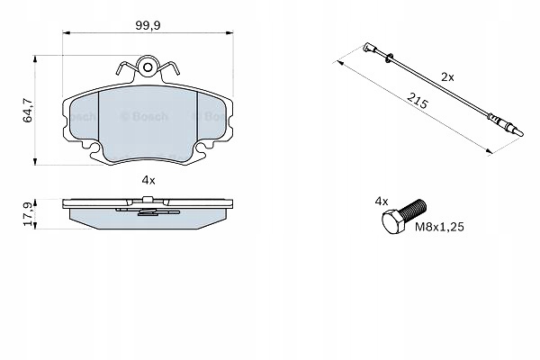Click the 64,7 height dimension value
point(28,111)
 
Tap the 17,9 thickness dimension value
point(28,214)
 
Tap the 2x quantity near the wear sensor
point(447,77)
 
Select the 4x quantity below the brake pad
point(148,180)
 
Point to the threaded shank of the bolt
point(415,209)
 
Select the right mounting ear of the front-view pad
point(226,116)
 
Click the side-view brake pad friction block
point(148,220)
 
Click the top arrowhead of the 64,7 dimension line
point(37,60)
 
